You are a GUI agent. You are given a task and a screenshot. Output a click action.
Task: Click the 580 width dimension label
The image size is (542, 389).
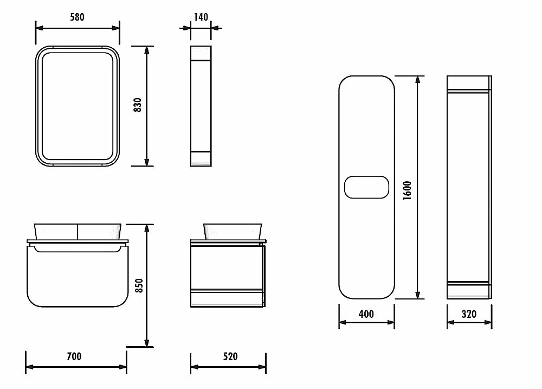[77, 17]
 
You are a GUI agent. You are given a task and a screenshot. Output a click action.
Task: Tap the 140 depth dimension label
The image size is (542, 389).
[201, 17]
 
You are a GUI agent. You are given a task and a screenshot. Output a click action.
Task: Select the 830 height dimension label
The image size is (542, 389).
[138, 105]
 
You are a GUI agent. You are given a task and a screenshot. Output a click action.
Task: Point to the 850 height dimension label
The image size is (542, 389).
[139, 285]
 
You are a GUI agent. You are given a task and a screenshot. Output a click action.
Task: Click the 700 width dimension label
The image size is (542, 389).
[74, 356]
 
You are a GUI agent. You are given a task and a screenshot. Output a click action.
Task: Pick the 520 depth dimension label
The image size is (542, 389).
[230, 356]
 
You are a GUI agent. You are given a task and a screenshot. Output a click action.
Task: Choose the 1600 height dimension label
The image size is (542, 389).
[407, 190]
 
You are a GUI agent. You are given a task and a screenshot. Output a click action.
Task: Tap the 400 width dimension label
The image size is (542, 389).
[366, 314]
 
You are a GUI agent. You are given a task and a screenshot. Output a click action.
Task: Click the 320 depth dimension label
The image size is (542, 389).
[469, 314]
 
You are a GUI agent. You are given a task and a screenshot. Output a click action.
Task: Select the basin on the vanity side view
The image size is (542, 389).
[233, 232]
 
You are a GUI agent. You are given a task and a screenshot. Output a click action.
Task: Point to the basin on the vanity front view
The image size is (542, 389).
[78, 232]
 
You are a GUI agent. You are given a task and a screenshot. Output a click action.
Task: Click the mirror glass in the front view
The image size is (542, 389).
[78, 106]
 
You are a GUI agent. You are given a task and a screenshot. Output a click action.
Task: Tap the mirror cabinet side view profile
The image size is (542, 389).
[201, 106]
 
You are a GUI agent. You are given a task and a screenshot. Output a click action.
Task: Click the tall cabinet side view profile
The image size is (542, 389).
[469, 187]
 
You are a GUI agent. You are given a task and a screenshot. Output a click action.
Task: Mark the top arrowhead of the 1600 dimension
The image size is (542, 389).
[417, 80]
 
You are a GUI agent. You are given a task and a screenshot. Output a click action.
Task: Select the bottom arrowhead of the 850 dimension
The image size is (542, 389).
[147, 343]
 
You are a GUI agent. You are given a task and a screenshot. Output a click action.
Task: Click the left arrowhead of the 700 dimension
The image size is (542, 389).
[30, 367]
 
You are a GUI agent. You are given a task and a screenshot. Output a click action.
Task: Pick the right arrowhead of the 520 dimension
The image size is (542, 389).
[262, 367]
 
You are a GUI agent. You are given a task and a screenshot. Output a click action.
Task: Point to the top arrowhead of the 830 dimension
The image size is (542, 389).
[147, 50]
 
